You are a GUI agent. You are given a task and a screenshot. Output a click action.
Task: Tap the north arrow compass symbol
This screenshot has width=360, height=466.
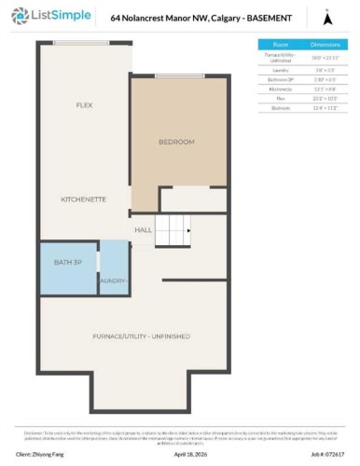(x=326, y=18)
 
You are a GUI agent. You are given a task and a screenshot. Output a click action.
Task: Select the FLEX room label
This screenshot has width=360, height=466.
(x=84, y=105)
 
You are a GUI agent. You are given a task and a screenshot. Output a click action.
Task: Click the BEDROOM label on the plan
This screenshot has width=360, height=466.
(x=176, y=142)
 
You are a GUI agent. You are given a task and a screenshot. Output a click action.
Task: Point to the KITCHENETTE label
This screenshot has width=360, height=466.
(x=83, y=199)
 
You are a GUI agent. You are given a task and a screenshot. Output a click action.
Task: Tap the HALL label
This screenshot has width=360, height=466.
(x=143, y=229)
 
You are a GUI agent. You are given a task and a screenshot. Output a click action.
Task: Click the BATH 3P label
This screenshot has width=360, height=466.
(x=68, y=264)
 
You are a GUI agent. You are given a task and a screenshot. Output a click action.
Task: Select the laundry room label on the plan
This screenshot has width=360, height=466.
(x=113, y=280)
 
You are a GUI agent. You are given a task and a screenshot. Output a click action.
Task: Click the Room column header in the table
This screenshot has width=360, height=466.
(x=280, y=44)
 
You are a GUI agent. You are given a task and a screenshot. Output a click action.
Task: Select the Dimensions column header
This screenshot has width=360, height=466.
(x=323, y=44)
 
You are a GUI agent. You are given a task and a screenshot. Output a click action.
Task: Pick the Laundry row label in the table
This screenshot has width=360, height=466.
(x=280, y=69)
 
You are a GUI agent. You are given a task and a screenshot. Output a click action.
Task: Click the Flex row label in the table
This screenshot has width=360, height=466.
(x=280, y=97)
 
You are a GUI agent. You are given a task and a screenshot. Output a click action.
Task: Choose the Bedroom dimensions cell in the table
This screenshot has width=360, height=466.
(x=323, y=107)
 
